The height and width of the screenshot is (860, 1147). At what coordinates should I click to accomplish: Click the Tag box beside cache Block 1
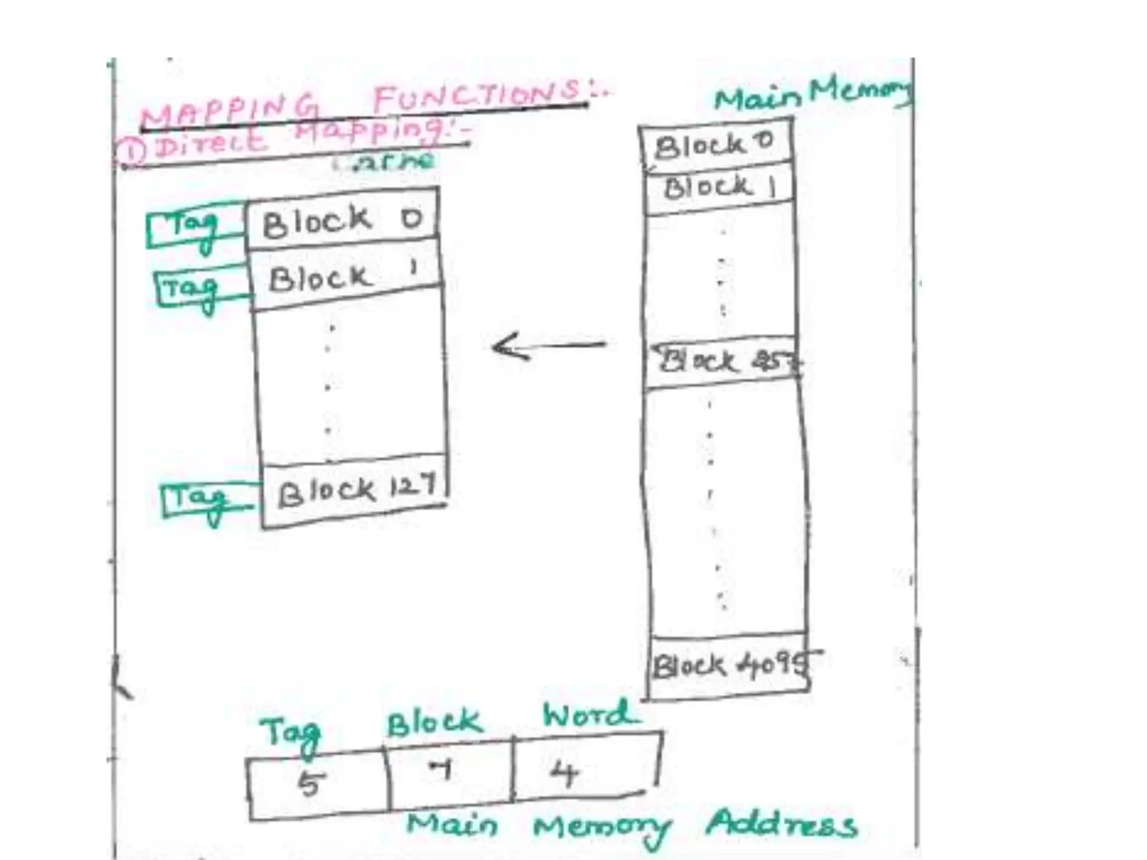(x=196, y=288)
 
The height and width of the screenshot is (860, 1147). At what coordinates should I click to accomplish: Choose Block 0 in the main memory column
(x=714, y=145)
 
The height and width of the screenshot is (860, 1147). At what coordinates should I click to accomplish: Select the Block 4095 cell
(x=728, y=666)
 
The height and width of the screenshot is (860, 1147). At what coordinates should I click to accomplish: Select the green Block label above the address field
(x=434, y=723)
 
